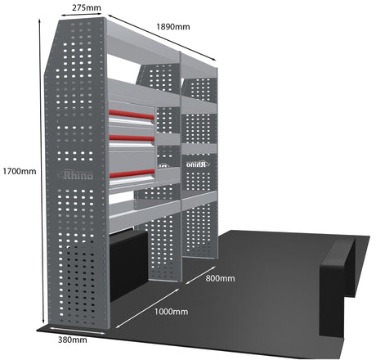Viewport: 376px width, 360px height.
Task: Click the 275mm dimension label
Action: [87, 7]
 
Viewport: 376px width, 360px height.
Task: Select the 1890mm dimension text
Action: [173, 27]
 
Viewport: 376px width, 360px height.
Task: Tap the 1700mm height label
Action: [20, 171]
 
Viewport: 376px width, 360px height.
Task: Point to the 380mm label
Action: [73, 340]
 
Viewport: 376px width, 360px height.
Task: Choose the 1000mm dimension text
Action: [171, 312]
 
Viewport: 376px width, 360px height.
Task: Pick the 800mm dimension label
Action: [220, 278]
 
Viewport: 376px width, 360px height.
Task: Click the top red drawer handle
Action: [132, 115]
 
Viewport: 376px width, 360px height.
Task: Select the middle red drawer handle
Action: [132, 138]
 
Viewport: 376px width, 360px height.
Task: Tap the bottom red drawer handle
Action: [132, 173]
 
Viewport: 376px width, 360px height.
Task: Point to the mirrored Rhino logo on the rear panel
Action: [197, 164]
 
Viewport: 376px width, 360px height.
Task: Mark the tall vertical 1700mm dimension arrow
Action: [42, 171]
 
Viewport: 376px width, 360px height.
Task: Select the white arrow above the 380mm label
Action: [78, 331]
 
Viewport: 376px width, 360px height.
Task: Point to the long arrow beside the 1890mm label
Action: [162, 38]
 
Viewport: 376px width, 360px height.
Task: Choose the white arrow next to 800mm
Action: [200, 276]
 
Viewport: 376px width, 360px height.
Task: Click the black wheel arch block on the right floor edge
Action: [338, 286]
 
